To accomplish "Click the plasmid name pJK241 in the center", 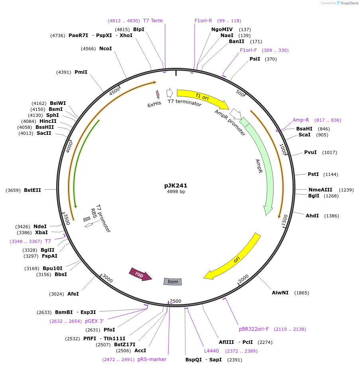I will (175, 185).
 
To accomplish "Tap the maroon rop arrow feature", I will (140, 274).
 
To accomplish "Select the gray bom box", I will (173, 282).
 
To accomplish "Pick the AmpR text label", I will (259, 166).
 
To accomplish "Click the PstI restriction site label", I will (313, 174).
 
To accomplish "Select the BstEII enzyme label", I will (32, 190).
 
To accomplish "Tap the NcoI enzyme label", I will (106, 49).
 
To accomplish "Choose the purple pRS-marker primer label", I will (152, 359).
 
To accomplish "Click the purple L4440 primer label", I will (211, 351).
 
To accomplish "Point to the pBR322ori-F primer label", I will (254, 329).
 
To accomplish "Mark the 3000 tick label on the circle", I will (108, 277).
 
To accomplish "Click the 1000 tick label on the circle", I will (283, 150).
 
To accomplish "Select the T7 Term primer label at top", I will (153, 21).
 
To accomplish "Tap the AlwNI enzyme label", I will (280, 293).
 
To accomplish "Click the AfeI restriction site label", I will (73, 294).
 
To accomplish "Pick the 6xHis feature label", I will (154, 104).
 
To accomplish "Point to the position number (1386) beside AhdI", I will (332, 216).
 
